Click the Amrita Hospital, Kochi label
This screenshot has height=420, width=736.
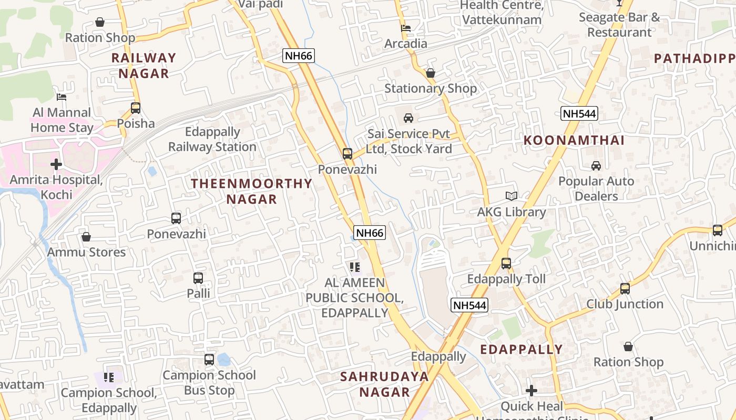[56, 187]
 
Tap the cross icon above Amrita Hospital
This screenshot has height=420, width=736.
[56, 164]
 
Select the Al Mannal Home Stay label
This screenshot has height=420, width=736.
[62, 120]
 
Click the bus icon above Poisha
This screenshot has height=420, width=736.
[136, 108]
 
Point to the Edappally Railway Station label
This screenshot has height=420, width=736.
[212, 139]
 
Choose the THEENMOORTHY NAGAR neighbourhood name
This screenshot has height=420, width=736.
[251, 191]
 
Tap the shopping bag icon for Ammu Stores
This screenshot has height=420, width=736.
[86, 237]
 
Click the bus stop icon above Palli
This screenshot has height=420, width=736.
[198, 278]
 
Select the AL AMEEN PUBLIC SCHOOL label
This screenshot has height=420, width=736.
[354, 298]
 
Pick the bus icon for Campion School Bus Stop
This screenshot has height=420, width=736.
[209, 360]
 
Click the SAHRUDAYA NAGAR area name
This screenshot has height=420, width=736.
[384, 384]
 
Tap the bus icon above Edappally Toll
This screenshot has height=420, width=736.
[506, 264]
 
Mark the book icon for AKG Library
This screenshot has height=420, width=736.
[512, 196]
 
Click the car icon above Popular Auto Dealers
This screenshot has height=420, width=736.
[596, 166]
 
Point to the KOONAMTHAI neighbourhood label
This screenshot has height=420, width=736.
[574, 140]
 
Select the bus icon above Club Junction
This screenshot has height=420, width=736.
[625, 289]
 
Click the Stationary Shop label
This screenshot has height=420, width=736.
[431, 88]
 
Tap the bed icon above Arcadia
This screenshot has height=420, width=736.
[406, 28]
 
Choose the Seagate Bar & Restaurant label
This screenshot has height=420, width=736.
[619, 25]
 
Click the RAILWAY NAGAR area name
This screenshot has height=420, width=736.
[144, 65]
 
